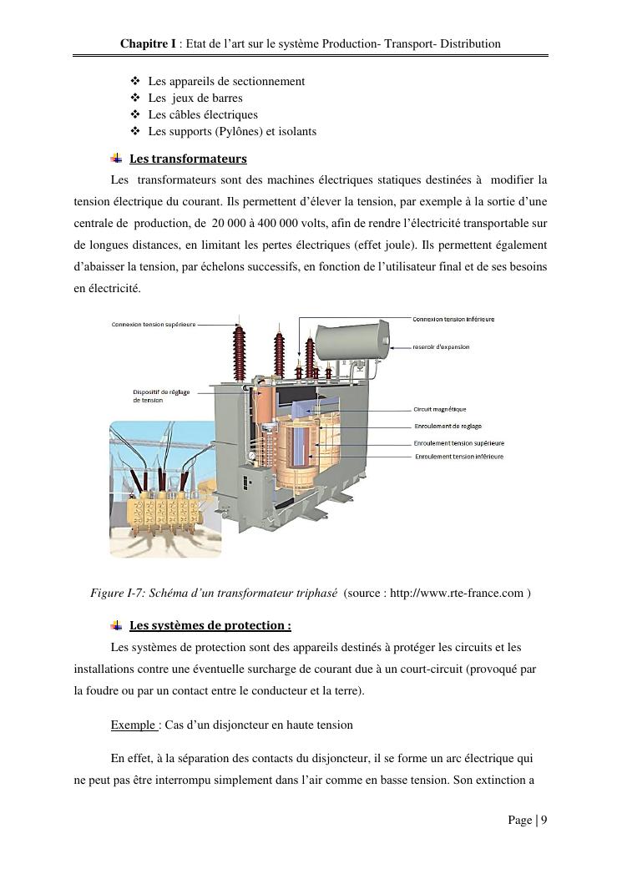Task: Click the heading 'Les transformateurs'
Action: tap(188, 159)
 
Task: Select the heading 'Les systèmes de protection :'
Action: tap(210, 625)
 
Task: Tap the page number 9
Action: tap(544, 820)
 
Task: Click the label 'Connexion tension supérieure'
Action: tap(154, 325)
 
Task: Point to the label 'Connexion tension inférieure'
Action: tap(453, 320)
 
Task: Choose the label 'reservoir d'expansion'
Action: tap(441, 347)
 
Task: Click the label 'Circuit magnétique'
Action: tap(440, 410)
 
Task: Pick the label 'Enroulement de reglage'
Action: tap(448, 427)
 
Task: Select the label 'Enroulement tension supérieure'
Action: tap(459, 443)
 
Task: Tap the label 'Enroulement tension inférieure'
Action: tap(459, 457)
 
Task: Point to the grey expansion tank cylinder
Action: tap(351, 341)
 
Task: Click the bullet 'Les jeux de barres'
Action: tap(195, 99)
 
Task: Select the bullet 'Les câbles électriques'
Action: tap(203, 115)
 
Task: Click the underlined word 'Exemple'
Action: tap(134, 725)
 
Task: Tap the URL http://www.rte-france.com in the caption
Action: tap(457, 594)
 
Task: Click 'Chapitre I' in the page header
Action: tap(148, 43)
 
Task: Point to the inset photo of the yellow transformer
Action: tap(165, 489)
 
